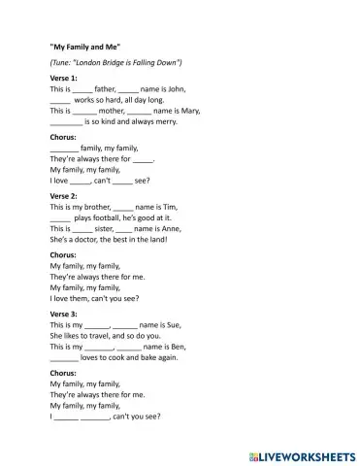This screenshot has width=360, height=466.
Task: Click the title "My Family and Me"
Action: (84, 46)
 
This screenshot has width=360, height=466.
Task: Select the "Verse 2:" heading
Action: (63, 195)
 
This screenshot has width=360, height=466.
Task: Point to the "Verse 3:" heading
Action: (63, 314)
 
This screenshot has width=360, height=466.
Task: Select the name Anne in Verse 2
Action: (168, 230)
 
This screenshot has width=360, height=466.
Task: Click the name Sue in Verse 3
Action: (172, 325)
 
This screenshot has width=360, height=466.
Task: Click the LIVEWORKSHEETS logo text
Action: (306, 453)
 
